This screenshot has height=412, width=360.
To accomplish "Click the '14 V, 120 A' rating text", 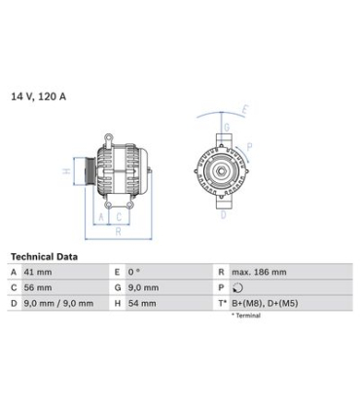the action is [39, 96].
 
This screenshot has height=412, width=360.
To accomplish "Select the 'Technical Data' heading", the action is [44, 257].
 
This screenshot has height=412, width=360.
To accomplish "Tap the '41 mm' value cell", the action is [38, 272].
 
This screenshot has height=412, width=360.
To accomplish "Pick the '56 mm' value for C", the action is [38, 287].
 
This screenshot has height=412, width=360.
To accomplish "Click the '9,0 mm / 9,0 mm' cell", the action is [58, 304].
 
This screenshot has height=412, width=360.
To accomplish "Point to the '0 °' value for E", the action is [134, 272].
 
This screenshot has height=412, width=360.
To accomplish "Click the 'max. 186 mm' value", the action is [259, 272].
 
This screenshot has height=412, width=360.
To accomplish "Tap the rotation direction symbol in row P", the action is [238, 287].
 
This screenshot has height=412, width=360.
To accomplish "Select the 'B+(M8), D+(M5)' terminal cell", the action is [265, 304].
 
